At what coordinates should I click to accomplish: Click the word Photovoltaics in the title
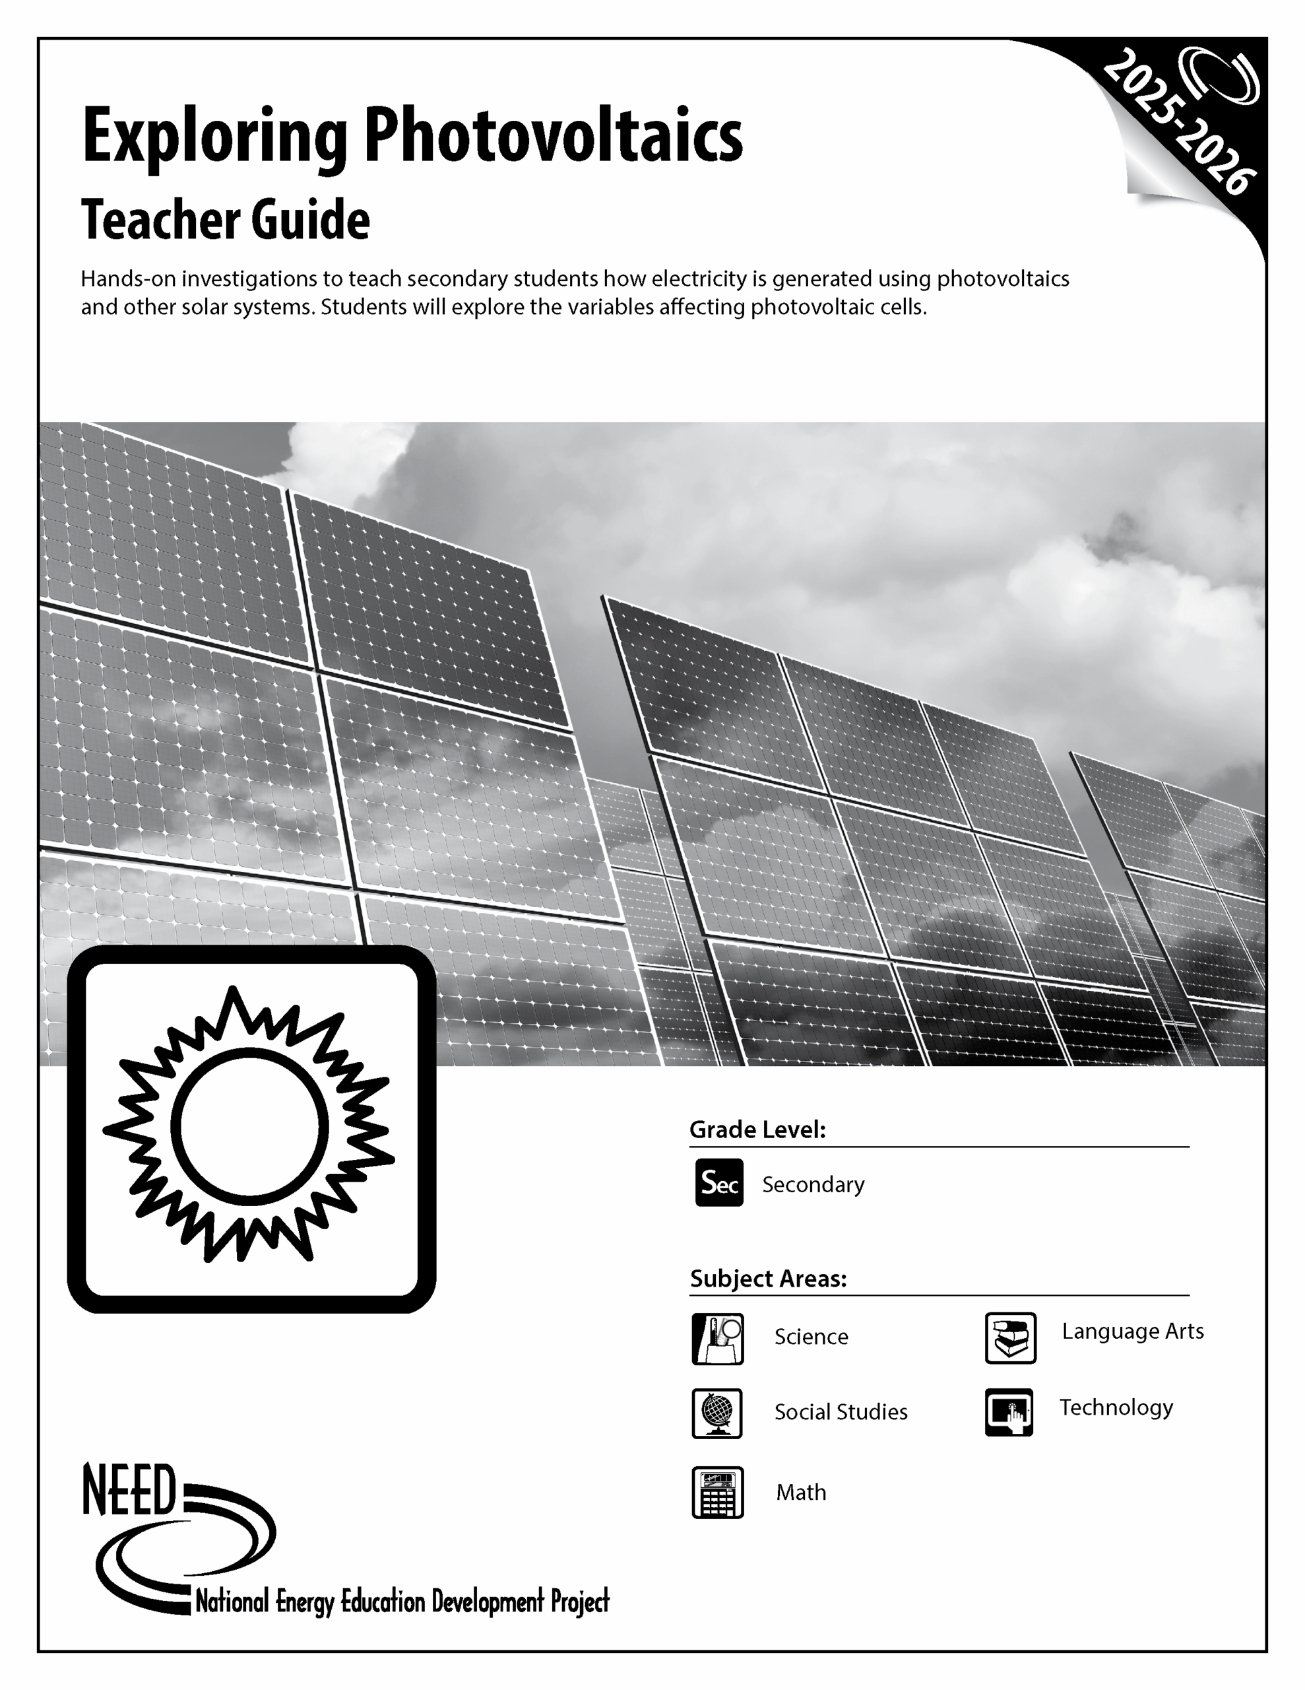[x=552, y=136]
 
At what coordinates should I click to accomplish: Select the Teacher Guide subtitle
[x=225, y=220]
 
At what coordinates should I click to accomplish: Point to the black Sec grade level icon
[x=718, y=1182]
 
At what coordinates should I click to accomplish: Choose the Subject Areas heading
[x=768, y=1278]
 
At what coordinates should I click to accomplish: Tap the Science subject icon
[x=717, y=1339]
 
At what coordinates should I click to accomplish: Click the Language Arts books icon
[x=1010, y=1338]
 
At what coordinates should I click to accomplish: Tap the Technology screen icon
[x=1009, y=1412]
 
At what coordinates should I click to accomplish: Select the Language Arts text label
[x=1133, y=1331]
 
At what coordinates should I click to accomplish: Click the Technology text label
[x=1116, y=1407]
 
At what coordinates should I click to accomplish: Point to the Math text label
[x=801, y=1492]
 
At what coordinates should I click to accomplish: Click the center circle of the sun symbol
[x=249, y=1128]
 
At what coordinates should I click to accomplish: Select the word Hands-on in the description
[x=127, y=279]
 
